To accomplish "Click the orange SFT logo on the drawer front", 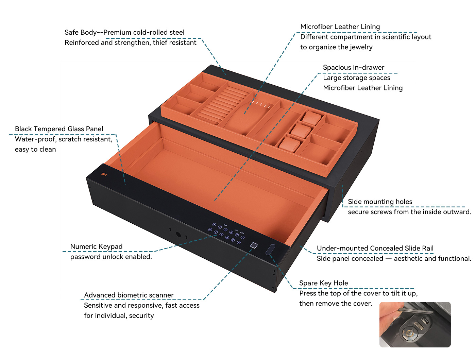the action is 104,174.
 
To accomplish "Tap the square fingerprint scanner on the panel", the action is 254,245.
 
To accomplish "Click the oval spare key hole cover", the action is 270,249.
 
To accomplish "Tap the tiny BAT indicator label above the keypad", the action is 225,225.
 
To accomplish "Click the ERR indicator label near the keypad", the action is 242,233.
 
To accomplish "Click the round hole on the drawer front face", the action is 178,234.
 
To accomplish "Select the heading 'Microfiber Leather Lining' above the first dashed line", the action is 340,27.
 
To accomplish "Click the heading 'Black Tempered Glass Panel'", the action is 59,129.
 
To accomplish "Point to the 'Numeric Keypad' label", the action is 96,246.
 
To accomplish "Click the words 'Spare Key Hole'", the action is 323,283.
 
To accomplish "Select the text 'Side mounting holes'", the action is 380,202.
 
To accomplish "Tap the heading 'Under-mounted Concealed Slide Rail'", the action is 375,248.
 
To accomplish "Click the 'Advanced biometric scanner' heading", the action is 129,295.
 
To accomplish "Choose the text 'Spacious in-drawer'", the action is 354,67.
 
